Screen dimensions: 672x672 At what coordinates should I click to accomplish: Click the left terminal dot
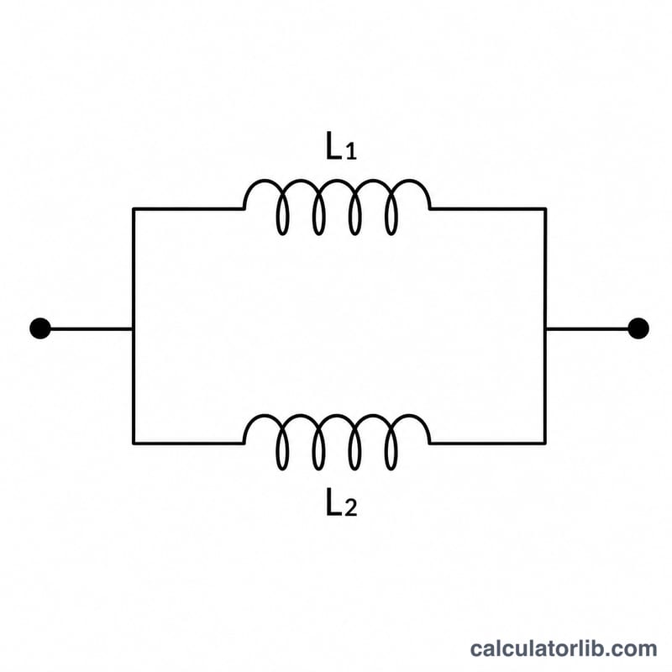[x=40, y=328]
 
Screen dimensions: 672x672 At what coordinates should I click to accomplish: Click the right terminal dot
[x=638, y=328]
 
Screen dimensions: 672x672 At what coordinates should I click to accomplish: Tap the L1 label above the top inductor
[x=341, y=146]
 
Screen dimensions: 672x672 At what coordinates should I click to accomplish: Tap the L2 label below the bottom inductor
[x=341, y=501]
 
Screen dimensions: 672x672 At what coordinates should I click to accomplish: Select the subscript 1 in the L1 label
[x=351, y=152]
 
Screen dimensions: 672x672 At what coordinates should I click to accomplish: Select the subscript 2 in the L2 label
[x=351, y=508]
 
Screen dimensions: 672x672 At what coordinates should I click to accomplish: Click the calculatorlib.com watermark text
[x=564, y=648]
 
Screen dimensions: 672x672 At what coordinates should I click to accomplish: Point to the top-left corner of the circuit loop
[x=134, y=209]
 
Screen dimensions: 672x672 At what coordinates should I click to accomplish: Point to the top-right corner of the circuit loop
[x=545, y=209]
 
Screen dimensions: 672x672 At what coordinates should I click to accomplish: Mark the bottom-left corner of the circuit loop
[x=134, y=444]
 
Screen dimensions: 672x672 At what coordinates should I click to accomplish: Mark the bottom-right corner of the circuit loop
[x=545, y=444]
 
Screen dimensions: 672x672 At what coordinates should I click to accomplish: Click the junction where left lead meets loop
[x=134, y=329]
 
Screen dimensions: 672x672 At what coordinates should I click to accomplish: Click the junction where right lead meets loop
[x=545, y=329]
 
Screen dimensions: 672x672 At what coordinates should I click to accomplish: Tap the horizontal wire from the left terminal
[x=92, y=329]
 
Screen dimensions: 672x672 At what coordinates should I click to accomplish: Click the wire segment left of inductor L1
[x=188, y=209]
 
